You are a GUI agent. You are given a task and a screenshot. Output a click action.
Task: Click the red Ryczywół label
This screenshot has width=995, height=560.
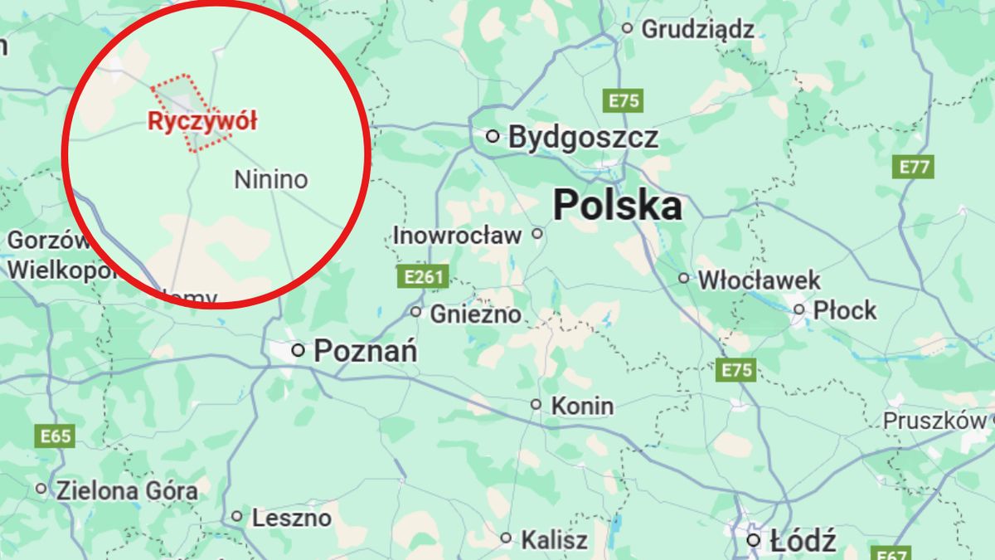click(x=202, y=121)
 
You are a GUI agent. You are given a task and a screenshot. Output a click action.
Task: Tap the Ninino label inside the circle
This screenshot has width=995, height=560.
click(x=270, y=179)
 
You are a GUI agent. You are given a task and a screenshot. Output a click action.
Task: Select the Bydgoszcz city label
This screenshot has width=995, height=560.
click(x=583, y=137)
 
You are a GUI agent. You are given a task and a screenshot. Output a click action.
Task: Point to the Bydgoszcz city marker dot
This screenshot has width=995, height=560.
click(x=493, y=136)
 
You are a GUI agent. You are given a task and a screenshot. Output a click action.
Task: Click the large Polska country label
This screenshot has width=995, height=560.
click(x=618, y=205)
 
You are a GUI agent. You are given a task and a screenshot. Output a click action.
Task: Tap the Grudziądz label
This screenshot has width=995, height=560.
click(x=697, y=30)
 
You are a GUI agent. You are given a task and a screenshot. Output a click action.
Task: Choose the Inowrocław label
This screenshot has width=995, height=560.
click(x=457, y=235)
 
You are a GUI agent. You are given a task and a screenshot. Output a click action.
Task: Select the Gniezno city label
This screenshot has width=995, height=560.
click(x=475, y=314)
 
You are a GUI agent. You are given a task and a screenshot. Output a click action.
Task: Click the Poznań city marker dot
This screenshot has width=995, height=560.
click(x=298, y=351)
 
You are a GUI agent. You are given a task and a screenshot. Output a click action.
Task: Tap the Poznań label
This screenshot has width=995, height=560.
click(x=365, y=351)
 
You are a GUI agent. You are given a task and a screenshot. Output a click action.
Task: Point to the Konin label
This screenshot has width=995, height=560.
click(x=582, y=406)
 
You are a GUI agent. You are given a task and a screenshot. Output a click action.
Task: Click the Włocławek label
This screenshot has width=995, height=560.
click(x=759, y=280)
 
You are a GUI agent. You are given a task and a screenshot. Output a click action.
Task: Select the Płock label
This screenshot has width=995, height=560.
click(x=844, y=310)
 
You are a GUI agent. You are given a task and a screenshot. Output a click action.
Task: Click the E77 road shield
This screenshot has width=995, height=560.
click(x=915, y=167)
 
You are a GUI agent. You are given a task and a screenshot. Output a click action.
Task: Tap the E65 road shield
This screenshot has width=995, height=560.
click(x=55, y=436)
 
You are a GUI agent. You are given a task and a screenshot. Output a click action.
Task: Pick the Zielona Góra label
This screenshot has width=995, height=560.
click(x=127, y=490)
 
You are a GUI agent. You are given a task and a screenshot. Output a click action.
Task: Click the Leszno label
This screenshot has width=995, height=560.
click(x=291, y=519)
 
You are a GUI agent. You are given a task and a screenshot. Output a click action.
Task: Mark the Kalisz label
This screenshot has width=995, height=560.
click(x=554, y=540)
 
